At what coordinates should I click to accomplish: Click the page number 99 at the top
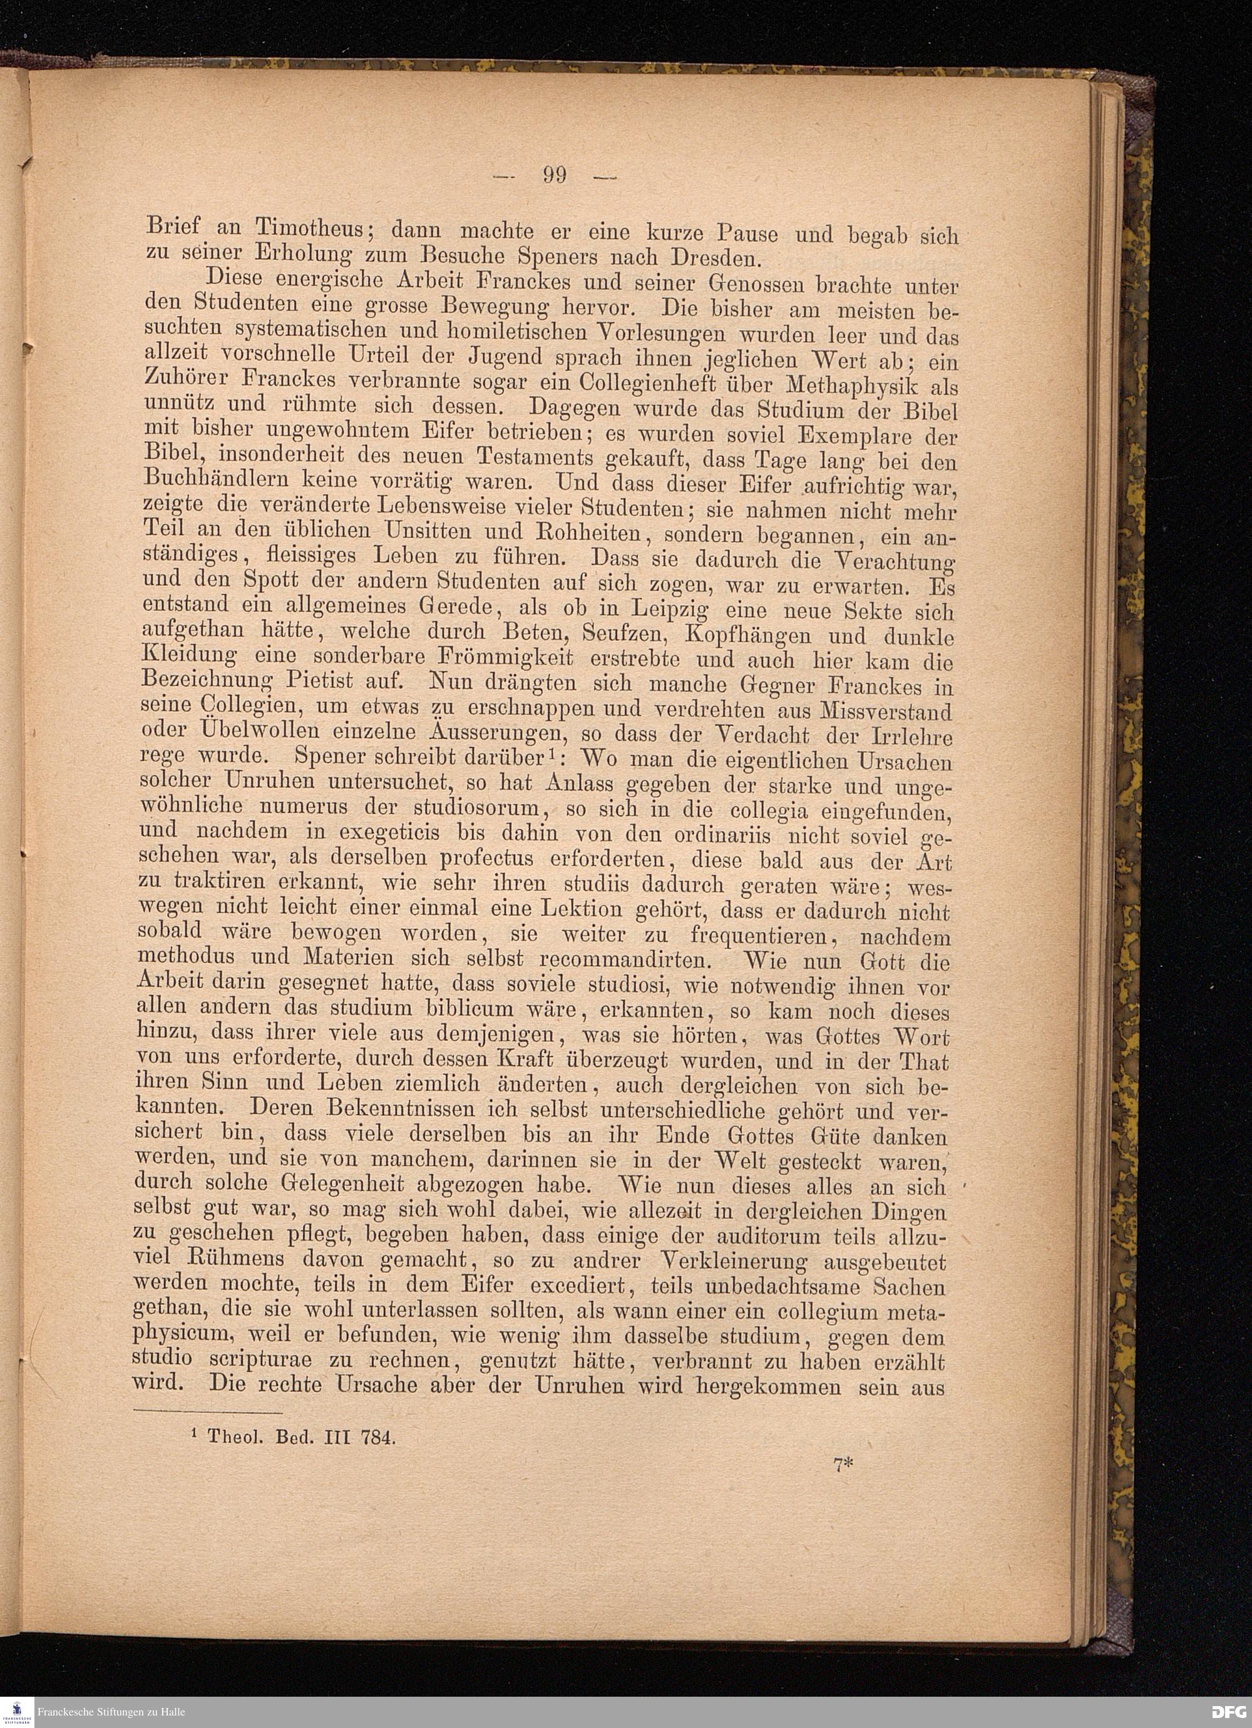[x=555, y=175]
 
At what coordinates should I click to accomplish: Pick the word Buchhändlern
[x=213, y=481]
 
